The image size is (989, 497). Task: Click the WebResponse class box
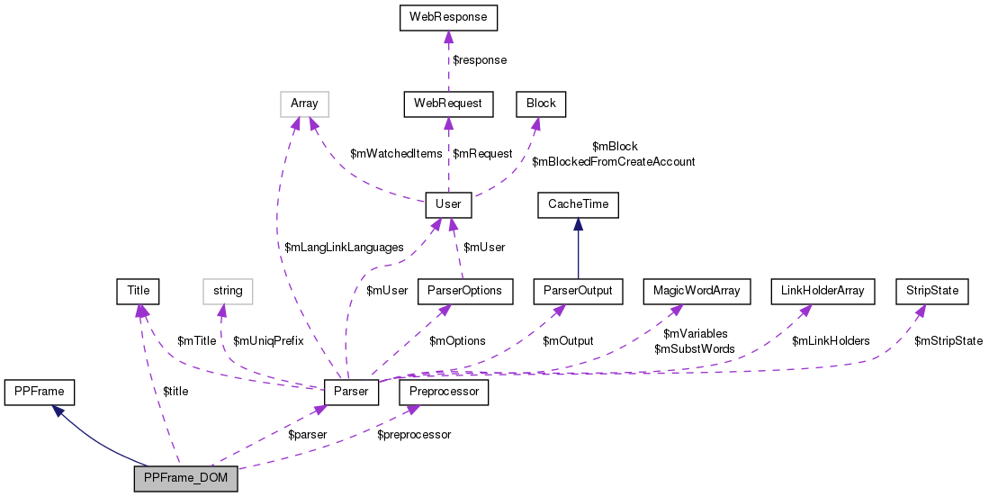pos(448,17)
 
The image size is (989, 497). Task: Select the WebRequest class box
pos(448,104)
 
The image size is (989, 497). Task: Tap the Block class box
pos(535,104)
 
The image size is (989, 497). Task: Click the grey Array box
pos(304,104)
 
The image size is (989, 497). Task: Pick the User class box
pos(448,204)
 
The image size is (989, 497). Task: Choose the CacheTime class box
pos(579,204)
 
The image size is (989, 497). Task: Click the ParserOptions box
pos(463,291)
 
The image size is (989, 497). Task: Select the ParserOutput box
pos(579,291)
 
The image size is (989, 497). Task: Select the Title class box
pos(138,291)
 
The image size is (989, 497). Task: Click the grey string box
pos(228,291)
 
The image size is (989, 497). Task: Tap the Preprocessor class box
pos(445,392)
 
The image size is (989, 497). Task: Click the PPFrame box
pos(40,392)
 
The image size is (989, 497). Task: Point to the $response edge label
pos(479,60)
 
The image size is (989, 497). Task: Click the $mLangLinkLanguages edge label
pos(344,248)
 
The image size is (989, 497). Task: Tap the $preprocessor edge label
pos(414,435)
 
